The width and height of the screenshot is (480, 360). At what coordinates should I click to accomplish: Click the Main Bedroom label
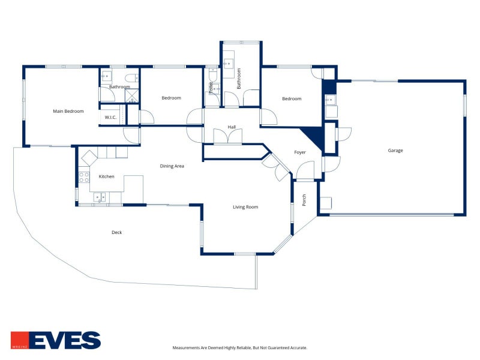pyautogui.click(x=68, y=111)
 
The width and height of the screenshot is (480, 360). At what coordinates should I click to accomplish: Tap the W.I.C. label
pyautogui.click(x=110, y=117)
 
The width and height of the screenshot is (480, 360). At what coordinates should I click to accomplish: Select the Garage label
pyautogui.click(x=395, y=151)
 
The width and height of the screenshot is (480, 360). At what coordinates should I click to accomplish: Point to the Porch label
pyautogui.click(x=304, y=200)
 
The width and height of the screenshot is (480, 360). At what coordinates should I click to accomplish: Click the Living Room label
pyautogui.click(x=245, y=207)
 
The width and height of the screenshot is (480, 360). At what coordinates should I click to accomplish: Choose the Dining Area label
pyautogui.click(x=172, y=166)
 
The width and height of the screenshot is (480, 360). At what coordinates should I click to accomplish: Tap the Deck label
pyautogui.click(x=116, y=232)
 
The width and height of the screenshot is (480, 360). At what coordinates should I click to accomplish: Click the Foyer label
pyautogui.click(x=299, y=152)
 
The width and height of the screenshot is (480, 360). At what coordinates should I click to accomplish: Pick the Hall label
pyautogui.click(x=232, y=127)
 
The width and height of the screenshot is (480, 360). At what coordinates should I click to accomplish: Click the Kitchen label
pyautogui.click(x=106, y=176)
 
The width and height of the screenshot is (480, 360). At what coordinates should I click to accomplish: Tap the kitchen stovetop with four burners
pyautogui.click(x=84, y=177)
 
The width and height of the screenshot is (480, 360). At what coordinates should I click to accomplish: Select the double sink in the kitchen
pyautogui.click(x=100, y=197)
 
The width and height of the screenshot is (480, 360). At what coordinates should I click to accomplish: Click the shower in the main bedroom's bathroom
pyautogui.click(x=131, y=95)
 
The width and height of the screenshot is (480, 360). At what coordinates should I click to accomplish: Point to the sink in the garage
pyautogui.click(x=330, y=100)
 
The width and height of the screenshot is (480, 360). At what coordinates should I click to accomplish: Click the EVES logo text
pyautogui.click(x=65, y=340)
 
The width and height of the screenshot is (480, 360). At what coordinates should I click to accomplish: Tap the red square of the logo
pyautogui.click(x=20, y=340)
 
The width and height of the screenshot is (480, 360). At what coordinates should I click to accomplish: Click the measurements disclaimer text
pyautogui.click(x=239, y=348)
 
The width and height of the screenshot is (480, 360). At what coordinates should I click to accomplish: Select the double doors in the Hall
pyautogui.click(x=228, y=136)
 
